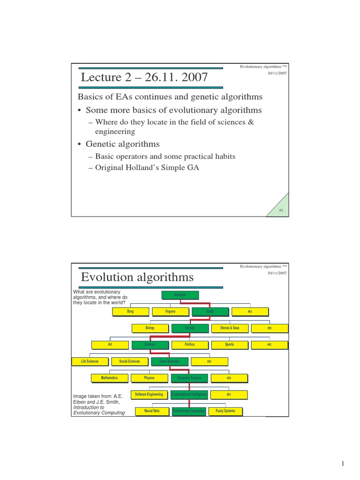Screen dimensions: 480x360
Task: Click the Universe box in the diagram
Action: click(x=180, y=295)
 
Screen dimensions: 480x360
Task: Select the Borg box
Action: click(x=130, y=311)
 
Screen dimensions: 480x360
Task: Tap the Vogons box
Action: click(x=170, y=311)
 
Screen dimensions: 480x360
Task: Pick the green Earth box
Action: click(x=210, y=311)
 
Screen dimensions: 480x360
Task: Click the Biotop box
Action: click(x=150, y=328)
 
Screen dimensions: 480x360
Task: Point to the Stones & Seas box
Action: click(x=230, y=328)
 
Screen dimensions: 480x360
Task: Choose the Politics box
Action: click(x=189, y=345)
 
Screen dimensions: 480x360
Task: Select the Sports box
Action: click(x=229, y=345)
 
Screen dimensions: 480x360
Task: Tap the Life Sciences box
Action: click(x=90, y=361)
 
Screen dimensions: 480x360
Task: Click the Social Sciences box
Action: click(x=129, y=361)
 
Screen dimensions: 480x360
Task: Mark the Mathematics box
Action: click(x=110, y=378)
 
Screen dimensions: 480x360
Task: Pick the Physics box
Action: click(x=150, y=378)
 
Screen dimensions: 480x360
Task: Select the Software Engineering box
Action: click(x=149, y=395)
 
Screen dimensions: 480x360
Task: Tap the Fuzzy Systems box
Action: click(x=225, y=411)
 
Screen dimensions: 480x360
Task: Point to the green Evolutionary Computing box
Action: click(x=188, y=411)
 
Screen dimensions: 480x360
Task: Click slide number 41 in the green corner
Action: click(x=281, y=210)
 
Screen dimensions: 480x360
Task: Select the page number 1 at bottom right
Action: click(x=343, y=464)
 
